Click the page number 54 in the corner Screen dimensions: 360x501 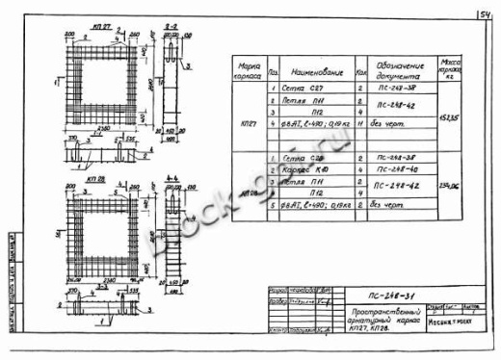point(481,13)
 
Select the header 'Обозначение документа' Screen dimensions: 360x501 point(395,70)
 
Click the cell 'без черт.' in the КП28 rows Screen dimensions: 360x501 point(393,204)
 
